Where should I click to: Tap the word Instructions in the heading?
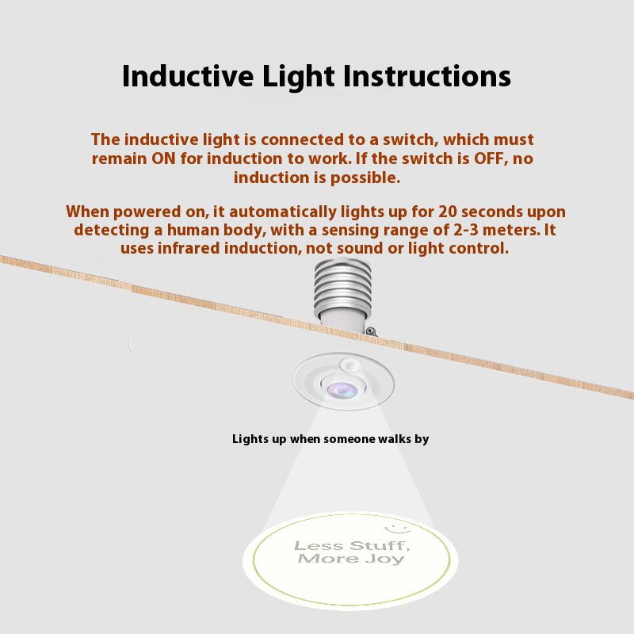[427, 76]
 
